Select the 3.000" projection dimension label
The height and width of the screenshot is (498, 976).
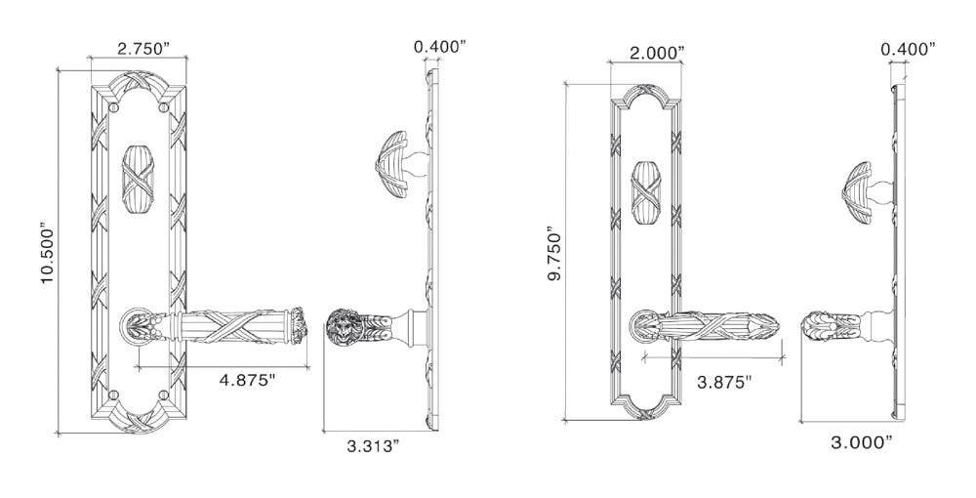tap(861, 442)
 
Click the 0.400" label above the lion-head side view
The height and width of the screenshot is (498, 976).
tap(440, 46)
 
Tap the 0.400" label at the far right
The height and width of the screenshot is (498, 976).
tap(908, 48)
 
